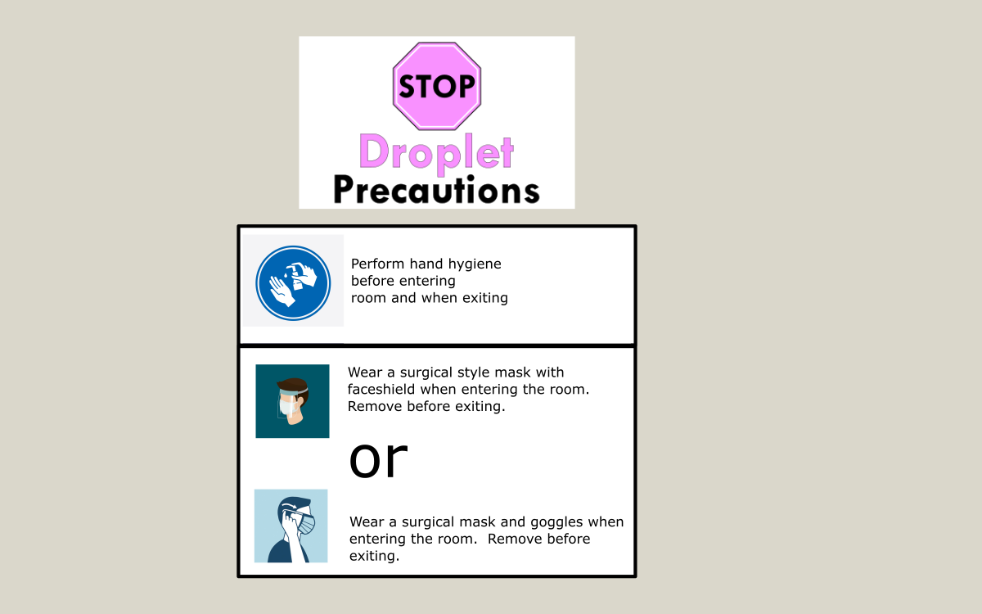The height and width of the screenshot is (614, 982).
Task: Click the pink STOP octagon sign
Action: click(437, 86)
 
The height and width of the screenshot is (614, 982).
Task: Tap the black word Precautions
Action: click(436, 190)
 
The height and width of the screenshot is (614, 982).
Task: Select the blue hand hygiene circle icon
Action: click(293, 283)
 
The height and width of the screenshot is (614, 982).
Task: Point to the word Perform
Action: click(378, 264)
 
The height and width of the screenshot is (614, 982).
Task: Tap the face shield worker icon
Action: click(292, 401)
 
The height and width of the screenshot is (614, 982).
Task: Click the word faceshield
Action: click(381, 390)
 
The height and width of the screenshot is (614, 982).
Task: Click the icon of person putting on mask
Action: click(291, 526)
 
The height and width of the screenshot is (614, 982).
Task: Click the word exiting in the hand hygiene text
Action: click(484, 298)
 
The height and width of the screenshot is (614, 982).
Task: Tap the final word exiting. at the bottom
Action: click(375, 556)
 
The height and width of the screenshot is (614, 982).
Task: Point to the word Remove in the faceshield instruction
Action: click(376, 406)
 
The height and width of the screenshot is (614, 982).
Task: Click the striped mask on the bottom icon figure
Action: click(306, 524)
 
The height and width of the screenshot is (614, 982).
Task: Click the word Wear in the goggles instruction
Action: click(367, 522)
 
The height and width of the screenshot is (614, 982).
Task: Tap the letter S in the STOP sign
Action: click(408, 86)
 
